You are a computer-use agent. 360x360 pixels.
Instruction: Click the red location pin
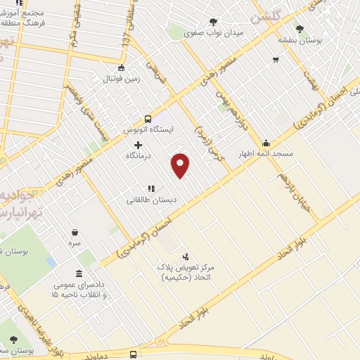pos(181,165)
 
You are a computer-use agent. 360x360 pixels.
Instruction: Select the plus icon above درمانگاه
pos(138,145)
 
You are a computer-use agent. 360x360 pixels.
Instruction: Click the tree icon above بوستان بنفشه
pos(300,29)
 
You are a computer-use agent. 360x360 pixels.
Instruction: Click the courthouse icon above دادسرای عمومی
pos(79,274)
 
